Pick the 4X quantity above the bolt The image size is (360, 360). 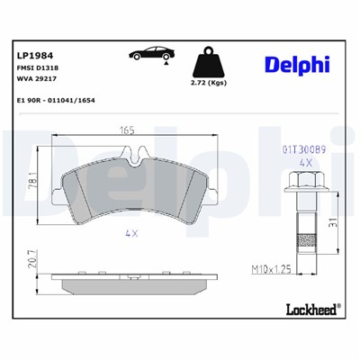pyautogui.click(x=305, y=162)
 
